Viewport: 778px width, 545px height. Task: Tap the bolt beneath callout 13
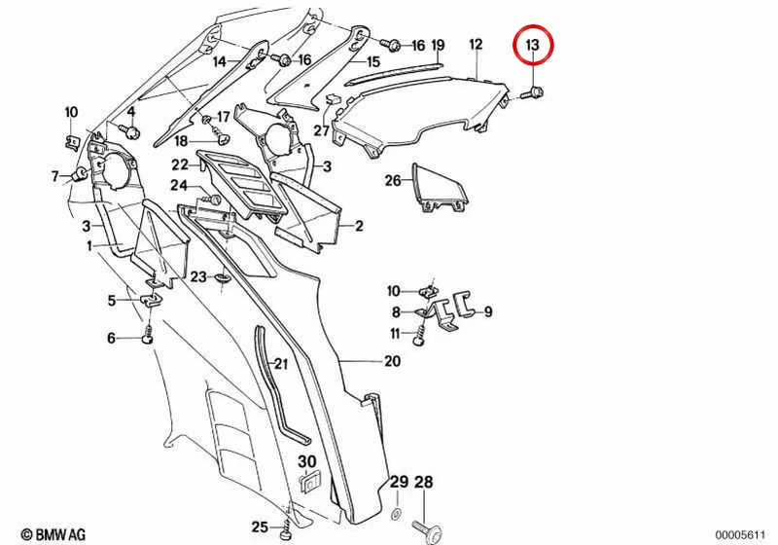click(533, 92)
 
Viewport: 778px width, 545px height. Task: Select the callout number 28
click(424, 482)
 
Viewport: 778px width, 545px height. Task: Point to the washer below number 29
click(397, 513)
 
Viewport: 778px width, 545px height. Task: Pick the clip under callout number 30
click(310, 483)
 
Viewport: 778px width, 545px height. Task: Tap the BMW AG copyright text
click(53, 534)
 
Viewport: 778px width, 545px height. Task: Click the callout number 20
click(392, 361)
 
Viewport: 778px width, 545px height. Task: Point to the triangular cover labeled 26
click(441, 188)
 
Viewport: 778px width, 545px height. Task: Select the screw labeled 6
click(148, 333)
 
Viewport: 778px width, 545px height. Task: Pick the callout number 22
click(180, 164)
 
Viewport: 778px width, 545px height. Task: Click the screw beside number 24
click(212, 200)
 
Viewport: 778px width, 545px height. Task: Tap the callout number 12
click(476, 44)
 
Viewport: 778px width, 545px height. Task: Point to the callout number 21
click(281, 364)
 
